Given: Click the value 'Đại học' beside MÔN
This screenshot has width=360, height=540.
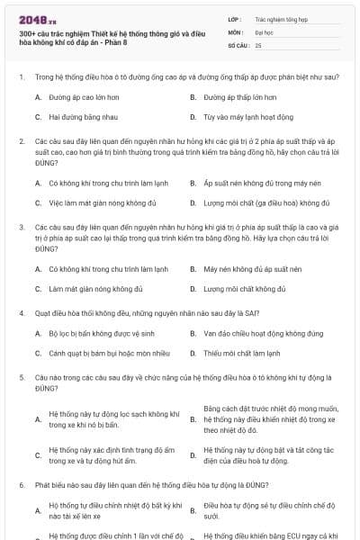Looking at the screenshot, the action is tap(265, 31).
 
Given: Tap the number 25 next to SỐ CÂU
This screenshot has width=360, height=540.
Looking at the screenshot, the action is tap(258, 44).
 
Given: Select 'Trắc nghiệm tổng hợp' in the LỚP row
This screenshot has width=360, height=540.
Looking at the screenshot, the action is tap(279, 17).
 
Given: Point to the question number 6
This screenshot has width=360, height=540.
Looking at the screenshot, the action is tap(21, 484).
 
